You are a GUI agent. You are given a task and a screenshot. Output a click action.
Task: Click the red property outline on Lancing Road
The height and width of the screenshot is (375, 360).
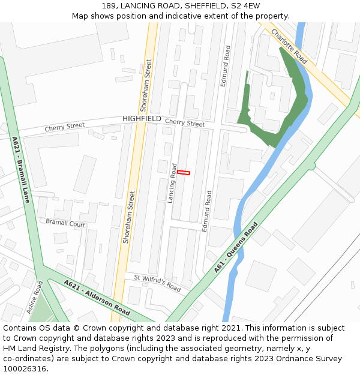[x=184, y=173]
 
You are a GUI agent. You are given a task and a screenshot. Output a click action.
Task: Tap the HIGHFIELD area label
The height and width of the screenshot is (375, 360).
[x=142, y=119]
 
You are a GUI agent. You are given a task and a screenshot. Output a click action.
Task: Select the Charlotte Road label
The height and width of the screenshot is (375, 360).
[x=289, y=46]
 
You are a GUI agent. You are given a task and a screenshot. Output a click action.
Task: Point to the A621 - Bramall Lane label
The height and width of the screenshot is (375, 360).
[x=21, y=170]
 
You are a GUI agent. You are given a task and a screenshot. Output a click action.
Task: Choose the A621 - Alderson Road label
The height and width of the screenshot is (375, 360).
[x=97, y=298]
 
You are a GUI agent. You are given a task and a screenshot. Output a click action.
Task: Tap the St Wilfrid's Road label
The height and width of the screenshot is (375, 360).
[x=157, y=283]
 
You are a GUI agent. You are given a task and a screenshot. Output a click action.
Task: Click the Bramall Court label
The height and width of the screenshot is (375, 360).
[x=65, y=223]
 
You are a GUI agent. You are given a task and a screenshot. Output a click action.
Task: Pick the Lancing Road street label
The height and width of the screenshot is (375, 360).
[x=172, y=183]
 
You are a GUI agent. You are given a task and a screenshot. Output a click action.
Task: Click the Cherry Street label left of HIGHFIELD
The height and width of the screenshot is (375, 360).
[x=65, y=127]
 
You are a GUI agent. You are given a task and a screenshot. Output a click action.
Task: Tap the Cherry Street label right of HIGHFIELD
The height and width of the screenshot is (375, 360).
[x=185, y=123]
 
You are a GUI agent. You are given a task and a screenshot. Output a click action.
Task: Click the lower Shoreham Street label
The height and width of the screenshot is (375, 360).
[x=128, y=217]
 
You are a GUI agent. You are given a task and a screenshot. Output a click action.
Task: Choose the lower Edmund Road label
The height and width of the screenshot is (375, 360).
[x=208, y=211]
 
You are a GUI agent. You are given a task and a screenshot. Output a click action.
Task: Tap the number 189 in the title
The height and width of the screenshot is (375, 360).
[x=108, y=6]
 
